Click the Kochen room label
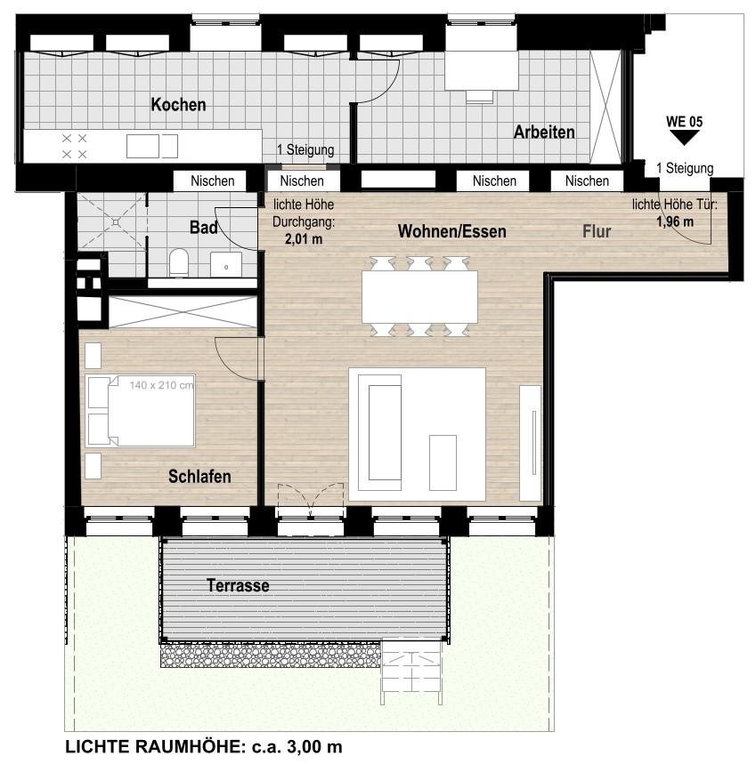click(178, 104)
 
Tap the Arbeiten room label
click(544, 132)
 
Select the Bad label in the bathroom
click(204, 227)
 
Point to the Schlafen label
click(199, 476)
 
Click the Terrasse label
click(238, 585)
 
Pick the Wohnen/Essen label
click(452, 231)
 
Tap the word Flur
click(597, 231)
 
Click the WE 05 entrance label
click(684, 121)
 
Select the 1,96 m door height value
click(675, 221)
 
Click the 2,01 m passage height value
click(304, 238)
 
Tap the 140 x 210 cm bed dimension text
click(161, 385)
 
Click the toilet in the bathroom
click(179, 262)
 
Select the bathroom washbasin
click(226, 264)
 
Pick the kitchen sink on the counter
click(152, 146)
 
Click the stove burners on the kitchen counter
click(75, 146)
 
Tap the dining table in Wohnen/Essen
click(419, 297)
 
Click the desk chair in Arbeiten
click(480, 96)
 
